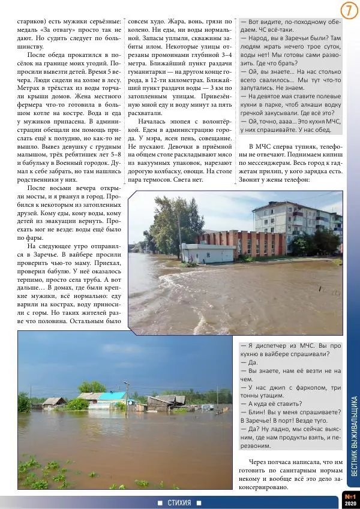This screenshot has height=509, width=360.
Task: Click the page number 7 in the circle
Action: pos(349,11)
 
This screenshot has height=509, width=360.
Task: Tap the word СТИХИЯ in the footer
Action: pos(179,502)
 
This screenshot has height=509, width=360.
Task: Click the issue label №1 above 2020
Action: pos(350,496)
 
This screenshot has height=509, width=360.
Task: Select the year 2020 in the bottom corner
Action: pos(350,504)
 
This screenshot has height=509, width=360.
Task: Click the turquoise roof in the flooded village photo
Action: pos(112,396)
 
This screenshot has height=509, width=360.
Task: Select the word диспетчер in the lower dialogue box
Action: pos(270,346)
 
